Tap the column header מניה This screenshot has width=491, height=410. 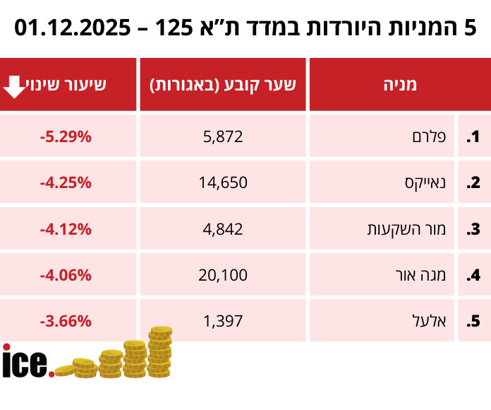click(x=400, y=85)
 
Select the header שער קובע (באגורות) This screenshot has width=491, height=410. click(x=223, y=85)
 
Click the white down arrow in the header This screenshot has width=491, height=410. click(x=16, y=86)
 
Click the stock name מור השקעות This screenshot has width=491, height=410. click(x=406, y=229)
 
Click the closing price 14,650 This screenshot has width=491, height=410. click(x=223, y=183)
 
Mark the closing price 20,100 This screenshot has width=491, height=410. click(x=223, y=275)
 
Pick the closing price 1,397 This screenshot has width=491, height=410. click(x=223, y=321)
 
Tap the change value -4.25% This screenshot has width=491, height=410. click(x=66, y=183)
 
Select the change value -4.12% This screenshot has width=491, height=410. click(x=66, y=229)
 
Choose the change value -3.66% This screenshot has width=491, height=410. click(x=66, y=321)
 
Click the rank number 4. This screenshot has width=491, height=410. click(x=473, y=275)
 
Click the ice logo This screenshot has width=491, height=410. click(x=27, y=362)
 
